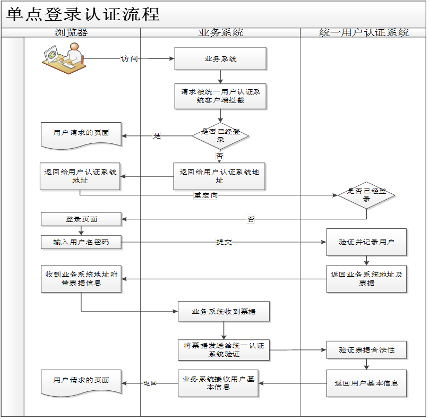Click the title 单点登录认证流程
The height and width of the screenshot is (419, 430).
coord(83,14)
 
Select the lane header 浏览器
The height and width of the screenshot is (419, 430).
coord(71,32)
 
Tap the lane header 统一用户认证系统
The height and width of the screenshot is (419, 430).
coord(364,32)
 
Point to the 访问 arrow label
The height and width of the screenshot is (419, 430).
coord(129,58)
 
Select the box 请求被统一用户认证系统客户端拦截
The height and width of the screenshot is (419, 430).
coord(220,96)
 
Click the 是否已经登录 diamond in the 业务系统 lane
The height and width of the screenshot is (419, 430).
coord(220,135)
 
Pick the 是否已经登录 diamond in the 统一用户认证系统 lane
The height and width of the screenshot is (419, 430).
coord(366,195)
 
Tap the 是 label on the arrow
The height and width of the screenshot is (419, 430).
coord(157,136)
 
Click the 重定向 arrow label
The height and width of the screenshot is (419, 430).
coord(205,195)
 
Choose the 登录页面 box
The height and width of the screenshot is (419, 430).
coord(81,219)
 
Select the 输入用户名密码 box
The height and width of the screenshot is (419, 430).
coord(81,242)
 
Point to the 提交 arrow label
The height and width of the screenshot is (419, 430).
coord(223,242)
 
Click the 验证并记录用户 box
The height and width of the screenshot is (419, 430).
coord(366,242)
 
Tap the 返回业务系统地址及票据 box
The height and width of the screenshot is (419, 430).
coord(366,279)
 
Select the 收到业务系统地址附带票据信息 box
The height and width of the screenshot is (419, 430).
coord(81,279)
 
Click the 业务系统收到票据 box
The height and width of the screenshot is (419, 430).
coord(223,312)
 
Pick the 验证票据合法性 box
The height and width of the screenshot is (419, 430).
coord(366,350)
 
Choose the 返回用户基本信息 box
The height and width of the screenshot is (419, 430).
coord(366,383)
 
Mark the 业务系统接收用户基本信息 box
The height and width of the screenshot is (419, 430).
coord(218,383)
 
